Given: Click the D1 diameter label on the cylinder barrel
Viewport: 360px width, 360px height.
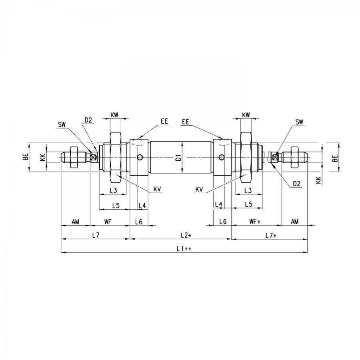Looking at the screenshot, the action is (179, 158).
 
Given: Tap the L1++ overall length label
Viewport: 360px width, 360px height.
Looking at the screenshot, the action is (184, 249).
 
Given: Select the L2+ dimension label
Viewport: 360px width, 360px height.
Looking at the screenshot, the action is (186, 235).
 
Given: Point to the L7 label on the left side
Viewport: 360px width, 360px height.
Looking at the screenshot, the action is (96, 235).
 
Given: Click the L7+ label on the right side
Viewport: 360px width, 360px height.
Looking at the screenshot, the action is (271, 236).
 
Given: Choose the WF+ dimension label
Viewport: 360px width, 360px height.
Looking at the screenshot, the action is (255, 222).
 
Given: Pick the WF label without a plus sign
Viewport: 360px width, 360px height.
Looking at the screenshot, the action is (108, 222).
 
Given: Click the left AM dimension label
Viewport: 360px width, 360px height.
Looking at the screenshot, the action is (75, 222).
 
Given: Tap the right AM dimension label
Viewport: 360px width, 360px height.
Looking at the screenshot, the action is (294, 222).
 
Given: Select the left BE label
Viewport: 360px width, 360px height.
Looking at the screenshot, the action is (26, 157).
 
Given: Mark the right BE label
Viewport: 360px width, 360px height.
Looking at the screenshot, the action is (335, 158).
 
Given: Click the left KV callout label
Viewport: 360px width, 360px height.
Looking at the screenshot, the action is (157, 189).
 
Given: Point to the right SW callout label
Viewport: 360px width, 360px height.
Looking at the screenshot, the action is (299, 122).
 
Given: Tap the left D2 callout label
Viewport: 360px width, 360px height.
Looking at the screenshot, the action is (88, 120).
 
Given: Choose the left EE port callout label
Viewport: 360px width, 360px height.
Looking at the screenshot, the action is (164, 121).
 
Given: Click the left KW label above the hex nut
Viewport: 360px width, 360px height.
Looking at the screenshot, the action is (114, 115).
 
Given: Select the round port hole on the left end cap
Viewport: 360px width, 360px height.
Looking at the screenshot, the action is (140, 157).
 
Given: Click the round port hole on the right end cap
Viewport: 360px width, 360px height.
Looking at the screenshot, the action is (222, 157).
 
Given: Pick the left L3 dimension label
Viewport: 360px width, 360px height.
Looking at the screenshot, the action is (113, 190).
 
